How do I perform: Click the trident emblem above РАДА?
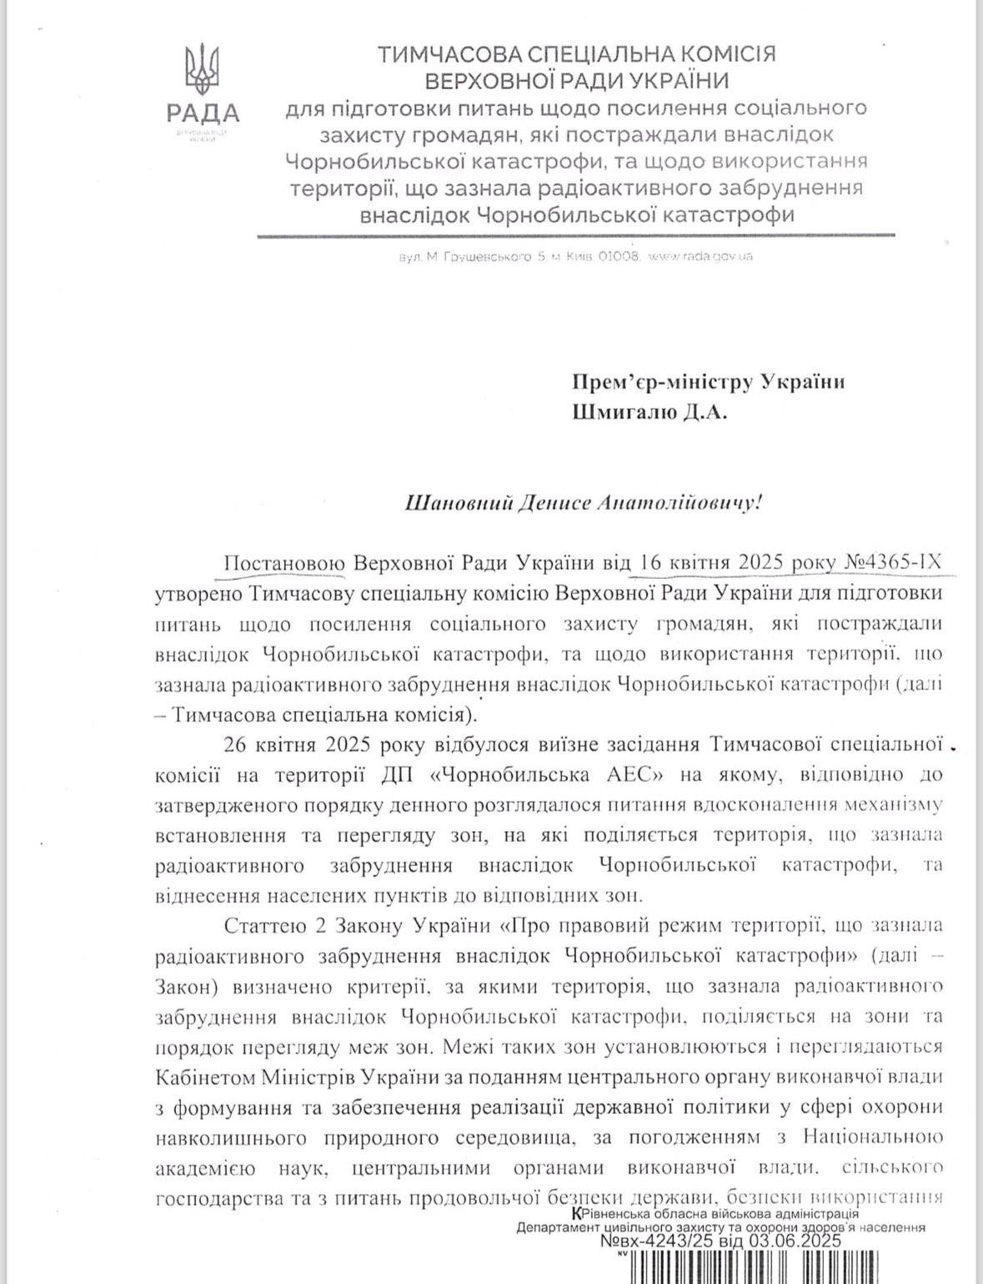(202, 72)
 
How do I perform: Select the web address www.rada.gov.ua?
(700, 256)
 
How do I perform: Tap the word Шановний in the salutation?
(453, 503)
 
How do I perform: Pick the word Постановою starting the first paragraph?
(283, 563)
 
